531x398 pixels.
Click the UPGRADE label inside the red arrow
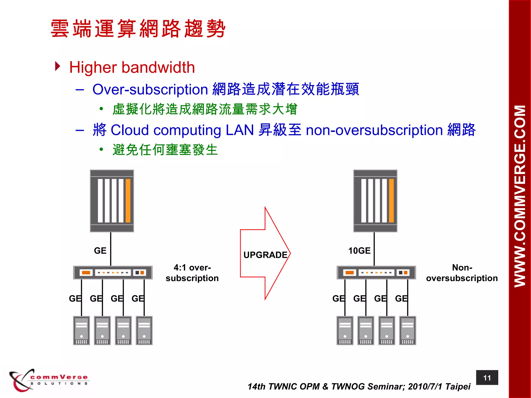(x=265, y=255)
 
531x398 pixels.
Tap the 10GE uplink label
(x=359, y=251)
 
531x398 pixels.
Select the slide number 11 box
(x=487, y=378)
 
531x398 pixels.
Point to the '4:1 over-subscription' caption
(x=192, y=273)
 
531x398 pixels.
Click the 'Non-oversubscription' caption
(x=462, y=273)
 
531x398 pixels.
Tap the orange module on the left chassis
(x=128, y=201)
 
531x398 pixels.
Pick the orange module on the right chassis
(x=391, y=201)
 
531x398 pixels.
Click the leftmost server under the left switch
(x=81, y=330)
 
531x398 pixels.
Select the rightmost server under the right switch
(x=408, y=330)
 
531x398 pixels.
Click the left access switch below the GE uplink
(x=113, y=272)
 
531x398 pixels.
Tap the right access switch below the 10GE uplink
(x=376, y=272)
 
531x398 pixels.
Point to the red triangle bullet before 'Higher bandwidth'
(x=58, y=66)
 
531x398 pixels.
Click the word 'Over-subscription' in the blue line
(x=150, y=90)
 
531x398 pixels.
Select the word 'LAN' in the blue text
(x=240, y=130)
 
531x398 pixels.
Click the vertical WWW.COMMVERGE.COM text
(x=520, y=196)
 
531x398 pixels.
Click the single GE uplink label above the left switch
(x=100, y=251)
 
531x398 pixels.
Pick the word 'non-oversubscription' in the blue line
(x=374, y=130)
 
